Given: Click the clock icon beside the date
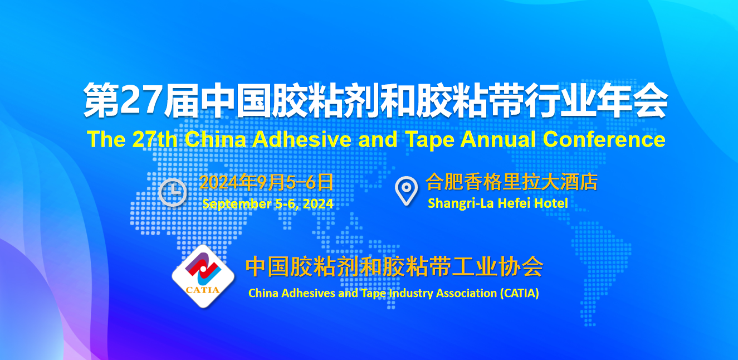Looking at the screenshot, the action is (172, 192).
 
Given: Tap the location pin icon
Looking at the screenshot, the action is (406, 191).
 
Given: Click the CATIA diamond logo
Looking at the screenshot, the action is (203, 276).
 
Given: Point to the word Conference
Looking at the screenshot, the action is (604, 139).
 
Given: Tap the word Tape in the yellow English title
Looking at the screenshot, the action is (429, 140).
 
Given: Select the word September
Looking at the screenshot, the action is (237, 204).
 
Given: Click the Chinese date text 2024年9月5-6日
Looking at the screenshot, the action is (266, 182).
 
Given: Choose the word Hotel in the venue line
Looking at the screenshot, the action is (551, 203).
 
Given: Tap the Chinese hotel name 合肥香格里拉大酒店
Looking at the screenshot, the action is (511, 182).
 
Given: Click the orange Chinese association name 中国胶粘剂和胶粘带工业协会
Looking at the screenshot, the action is (394, 266).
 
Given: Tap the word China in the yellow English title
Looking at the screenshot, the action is (215, 139).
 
